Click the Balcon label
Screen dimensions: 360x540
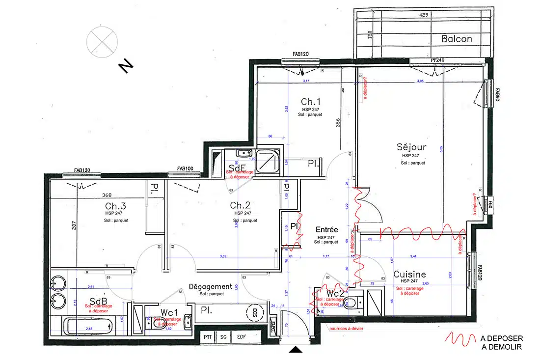[456, 39]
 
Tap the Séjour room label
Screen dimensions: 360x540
[411, 147]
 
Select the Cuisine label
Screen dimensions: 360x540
[409, 274]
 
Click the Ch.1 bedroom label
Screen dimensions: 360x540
[311, 102]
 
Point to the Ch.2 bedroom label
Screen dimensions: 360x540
[241, 205]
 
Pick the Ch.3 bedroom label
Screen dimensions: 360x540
[115, 206]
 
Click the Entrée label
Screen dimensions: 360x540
[326, 229]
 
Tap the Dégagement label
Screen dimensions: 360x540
[210, 286]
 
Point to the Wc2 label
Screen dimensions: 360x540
[335, 293]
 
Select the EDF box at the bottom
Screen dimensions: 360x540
[242, 337]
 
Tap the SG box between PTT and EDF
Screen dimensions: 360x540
[224, 337]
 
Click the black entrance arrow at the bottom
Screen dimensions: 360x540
[296, 350]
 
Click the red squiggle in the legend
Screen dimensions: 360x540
[460, 339]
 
